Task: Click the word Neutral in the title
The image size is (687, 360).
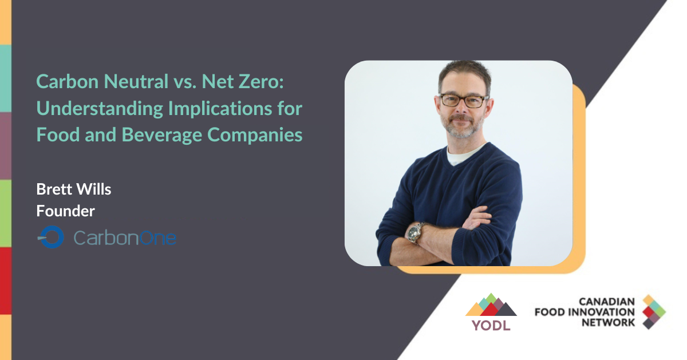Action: pos(136,82)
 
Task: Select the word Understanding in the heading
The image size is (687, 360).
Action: pos(100,109)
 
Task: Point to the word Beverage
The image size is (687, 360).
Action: pos(162,135)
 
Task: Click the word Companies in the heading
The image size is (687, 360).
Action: pos(255,135)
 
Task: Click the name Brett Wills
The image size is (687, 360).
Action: pos(74,189)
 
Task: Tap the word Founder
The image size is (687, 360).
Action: pos(65,211)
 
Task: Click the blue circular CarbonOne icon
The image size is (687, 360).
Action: pos(52,237)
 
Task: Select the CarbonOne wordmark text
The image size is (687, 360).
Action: pos(125,238)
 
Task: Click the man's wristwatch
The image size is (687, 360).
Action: pos(416,232)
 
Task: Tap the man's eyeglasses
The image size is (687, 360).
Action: pos(464,101)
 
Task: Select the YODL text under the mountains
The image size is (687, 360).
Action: pos(491,325)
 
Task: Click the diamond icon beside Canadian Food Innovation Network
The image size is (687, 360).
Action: pos(654,312)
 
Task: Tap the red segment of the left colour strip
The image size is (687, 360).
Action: pos(6,281)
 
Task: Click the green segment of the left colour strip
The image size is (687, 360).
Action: pos(6,213)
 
